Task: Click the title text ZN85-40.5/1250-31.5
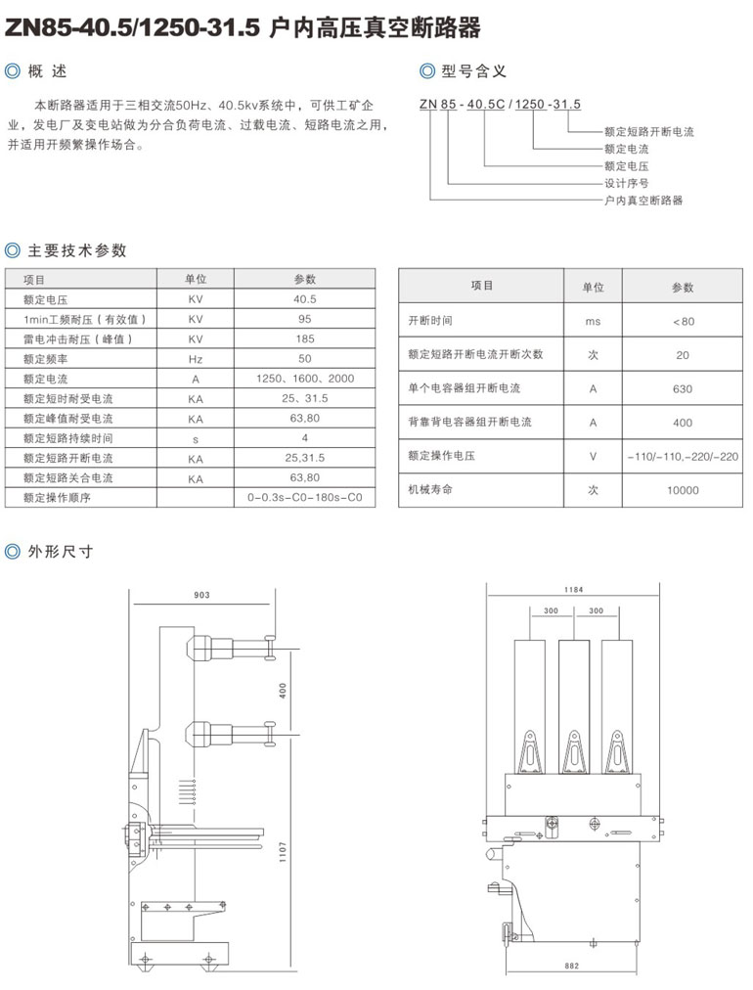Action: point(133,28)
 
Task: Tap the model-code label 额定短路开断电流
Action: point(648,132)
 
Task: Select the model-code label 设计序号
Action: point(626,183)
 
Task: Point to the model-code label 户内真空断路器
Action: point(642,200)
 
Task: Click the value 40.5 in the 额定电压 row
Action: point(304,299)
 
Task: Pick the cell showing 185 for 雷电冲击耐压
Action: point(304,338)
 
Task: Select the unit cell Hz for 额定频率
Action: point(196,359)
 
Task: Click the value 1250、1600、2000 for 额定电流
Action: point(304,379)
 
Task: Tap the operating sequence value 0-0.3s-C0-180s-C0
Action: point(304,497)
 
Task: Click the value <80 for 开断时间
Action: point(683,321)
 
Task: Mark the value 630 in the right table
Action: point(683,388)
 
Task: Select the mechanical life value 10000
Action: point(683,490)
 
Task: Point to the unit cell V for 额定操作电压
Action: point(593,456)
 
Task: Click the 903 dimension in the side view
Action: point(201,595)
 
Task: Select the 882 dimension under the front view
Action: point(573,967)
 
